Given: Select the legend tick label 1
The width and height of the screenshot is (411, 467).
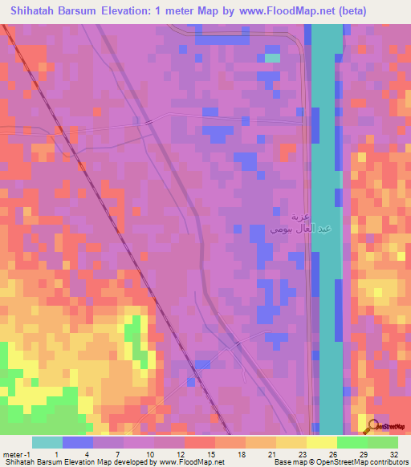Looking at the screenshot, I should (x=55, y=454).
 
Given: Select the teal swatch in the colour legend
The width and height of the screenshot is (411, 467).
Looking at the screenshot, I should (x=47, y=442).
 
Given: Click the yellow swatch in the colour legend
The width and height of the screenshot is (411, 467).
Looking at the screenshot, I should (x=320, y=442).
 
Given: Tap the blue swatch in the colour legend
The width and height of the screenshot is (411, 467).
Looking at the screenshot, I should (x=78, y=442).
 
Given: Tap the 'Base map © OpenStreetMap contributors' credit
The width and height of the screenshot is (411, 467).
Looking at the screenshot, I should (x=338, y=463).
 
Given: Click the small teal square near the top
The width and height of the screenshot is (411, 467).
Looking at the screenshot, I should (x=273, y=57).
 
